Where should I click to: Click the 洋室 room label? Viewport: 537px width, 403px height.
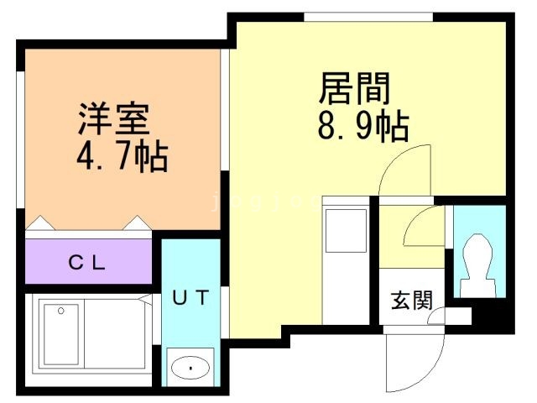(x=114, y=118)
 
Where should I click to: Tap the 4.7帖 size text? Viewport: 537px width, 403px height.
(x=123, y=157)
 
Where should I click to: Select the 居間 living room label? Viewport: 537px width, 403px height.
(x=355, y=88)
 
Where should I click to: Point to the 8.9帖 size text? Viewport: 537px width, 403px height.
(x=363, y=126)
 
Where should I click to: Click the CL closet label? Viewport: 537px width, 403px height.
(x=86, y=263)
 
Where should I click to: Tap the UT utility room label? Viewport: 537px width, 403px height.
(x=190, y=297)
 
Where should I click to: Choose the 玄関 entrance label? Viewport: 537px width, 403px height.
(x=412, y=301)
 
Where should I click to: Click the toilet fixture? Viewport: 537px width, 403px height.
(x=478, y=265)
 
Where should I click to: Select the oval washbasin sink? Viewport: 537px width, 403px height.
(x=190, y=368)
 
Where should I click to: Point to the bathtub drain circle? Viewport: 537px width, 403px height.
(x=61, y=311)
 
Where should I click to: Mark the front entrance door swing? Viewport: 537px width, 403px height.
(x=415, y=364)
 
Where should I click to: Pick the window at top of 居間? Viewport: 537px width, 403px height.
(x=368, y=17)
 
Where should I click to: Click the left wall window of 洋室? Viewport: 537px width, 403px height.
(x=21, y=139)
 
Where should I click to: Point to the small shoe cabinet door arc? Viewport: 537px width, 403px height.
(x=435, y=316)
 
